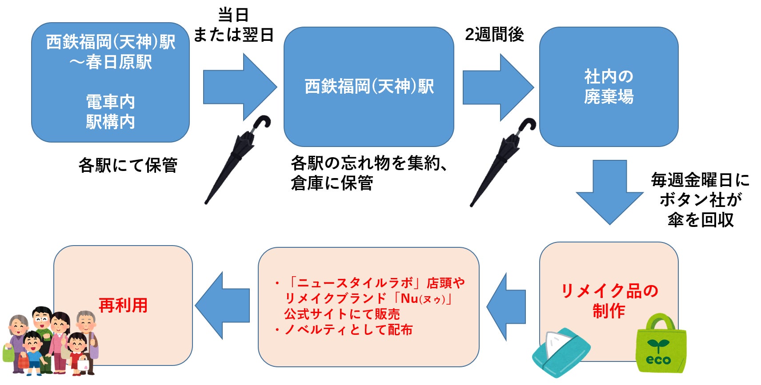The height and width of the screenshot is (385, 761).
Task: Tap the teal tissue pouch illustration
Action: (x=561, y=353)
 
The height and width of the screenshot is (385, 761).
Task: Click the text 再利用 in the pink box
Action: (x=123, y=306)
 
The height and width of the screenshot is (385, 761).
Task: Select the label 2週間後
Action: (x=494, y=34)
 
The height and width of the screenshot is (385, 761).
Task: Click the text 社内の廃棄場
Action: (x=609, y=86)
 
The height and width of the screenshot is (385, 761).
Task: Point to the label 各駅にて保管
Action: (x=128, y=165)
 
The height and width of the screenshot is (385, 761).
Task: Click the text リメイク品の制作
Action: (x=609, y=301)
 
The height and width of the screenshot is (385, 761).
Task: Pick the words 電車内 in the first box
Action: (x=110, y=102)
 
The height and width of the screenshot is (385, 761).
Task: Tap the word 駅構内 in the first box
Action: (x=110, y=122)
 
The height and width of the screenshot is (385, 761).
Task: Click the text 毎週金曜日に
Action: (x=700, y=180)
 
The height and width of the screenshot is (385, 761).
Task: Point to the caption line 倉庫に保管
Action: (x=332, y=183)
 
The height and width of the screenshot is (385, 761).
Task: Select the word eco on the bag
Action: (x=658, y=359)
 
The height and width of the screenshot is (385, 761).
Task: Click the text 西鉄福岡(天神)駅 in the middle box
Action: (x=369, y=86)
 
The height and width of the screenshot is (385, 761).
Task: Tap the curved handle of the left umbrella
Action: (x=263, y=122)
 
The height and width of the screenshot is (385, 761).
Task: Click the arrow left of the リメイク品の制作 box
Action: (x=507, y=306)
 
